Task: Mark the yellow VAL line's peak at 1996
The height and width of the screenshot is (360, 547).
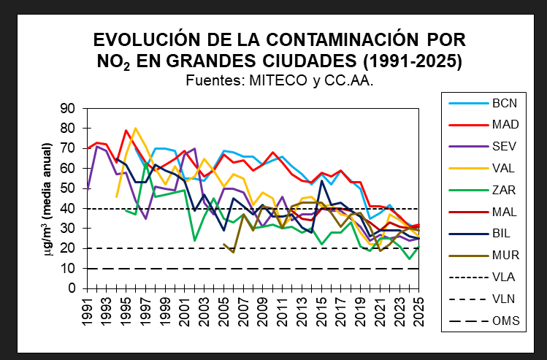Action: [136, 129]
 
